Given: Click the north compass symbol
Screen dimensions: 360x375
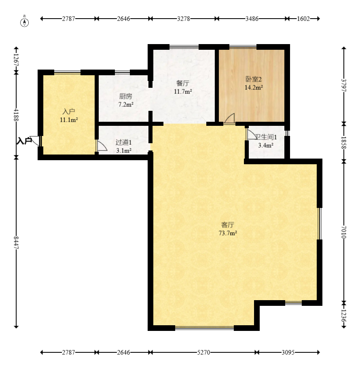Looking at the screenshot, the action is (24, 21).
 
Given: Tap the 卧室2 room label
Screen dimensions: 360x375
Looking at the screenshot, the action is (254, 79).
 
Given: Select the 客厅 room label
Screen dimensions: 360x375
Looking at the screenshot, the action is (227, 225).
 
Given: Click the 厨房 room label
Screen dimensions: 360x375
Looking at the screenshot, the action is (125, 96).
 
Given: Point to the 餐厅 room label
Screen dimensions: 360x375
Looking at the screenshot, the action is (183, 83).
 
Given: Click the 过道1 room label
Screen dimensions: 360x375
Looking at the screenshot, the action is (124, 142).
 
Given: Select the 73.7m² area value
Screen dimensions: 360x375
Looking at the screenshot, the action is (228, 233).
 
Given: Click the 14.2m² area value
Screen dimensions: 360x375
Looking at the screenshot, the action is (254, 87).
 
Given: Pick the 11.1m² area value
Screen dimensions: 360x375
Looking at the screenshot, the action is (69, 120).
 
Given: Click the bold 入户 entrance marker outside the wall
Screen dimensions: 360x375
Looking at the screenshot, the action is (24, 141).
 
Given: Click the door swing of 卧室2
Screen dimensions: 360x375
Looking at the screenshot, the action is (230, 119).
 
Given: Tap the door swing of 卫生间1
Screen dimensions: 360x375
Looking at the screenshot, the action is (251, 134).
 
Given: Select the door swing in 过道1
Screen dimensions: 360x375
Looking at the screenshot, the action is (102, 146).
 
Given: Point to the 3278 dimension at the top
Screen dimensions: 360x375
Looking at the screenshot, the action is (184, 19).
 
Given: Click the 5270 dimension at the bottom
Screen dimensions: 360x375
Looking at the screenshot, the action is (203, 352).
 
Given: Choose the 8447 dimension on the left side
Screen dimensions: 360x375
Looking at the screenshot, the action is (16, 243).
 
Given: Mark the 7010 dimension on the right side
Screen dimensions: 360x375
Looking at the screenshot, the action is (344, 232).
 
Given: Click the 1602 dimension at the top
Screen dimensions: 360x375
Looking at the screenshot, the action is (303, 19).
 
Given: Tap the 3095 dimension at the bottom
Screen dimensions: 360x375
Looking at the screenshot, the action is (288, 352).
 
